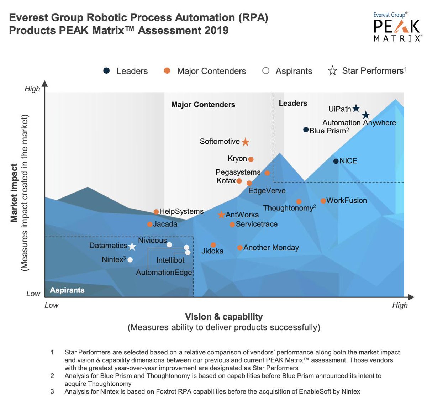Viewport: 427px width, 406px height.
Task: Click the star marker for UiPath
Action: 356,109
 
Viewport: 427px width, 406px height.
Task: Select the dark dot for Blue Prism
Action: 306,130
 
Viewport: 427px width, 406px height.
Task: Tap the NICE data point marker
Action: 336,161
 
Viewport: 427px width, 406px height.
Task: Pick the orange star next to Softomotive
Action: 245,142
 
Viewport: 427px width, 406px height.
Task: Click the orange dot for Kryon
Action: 251,159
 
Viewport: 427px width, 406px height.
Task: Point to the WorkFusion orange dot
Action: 323,201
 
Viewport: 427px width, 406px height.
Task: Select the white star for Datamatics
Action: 132,246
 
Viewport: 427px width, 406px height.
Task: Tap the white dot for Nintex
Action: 130,260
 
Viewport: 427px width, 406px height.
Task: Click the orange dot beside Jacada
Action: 150,224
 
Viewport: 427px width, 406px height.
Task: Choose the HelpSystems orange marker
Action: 156,212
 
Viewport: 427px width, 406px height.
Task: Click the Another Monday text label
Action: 271,248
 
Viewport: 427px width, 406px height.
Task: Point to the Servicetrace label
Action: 256,224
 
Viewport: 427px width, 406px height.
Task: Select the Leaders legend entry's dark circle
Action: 106,71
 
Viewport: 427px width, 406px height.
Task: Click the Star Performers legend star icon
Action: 332,71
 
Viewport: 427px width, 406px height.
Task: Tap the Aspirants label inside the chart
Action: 67,290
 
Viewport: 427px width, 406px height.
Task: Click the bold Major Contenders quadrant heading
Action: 203,105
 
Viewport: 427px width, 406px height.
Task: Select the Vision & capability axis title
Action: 224,317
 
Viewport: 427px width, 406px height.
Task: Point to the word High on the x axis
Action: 400,305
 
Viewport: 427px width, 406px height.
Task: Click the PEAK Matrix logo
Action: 396,27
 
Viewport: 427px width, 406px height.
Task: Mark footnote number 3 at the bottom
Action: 52,391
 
